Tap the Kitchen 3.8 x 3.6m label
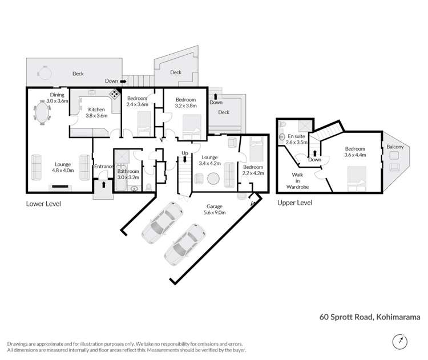95,112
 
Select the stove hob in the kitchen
115,95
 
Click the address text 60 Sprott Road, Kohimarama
370,317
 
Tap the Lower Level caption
43,204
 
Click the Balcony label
394,147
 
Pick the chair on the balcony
394,167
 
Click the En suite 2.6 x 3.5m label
297,140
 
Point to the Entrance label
104,167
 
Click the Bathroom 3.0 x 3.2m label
128,174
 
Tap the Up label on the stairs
184,153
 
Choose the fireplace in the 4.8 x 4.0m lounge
59,186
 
